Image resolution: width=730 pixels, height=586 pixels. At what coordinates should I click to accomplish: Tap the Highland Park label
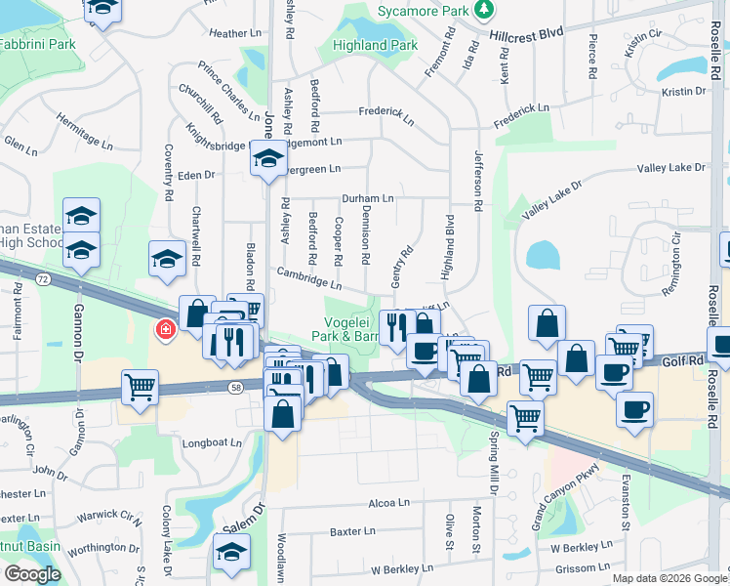click(375, 45)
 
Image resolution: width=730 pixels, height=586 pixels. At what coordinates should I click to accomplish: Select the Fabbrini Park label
click(36, 45)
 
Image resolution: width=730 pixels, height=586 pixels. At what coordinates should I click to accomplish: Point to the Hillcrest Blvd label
click(527, 33)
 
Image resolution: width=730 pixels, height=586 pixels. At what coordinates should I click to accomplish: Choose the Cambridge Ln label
click(308, 279)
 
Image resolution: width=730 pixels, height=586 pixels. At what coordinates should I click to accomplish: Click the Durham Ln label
click(368, 198)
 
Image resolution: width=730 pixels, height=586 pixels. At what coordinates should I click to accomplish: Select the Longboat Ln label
click(212, 442)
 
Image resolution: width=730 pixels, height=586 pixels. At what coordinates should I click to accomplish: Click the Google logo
click(32, 574)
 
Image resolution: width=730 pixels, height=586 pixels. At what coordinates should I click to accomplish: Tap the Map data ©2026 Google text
click(669, 578)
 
